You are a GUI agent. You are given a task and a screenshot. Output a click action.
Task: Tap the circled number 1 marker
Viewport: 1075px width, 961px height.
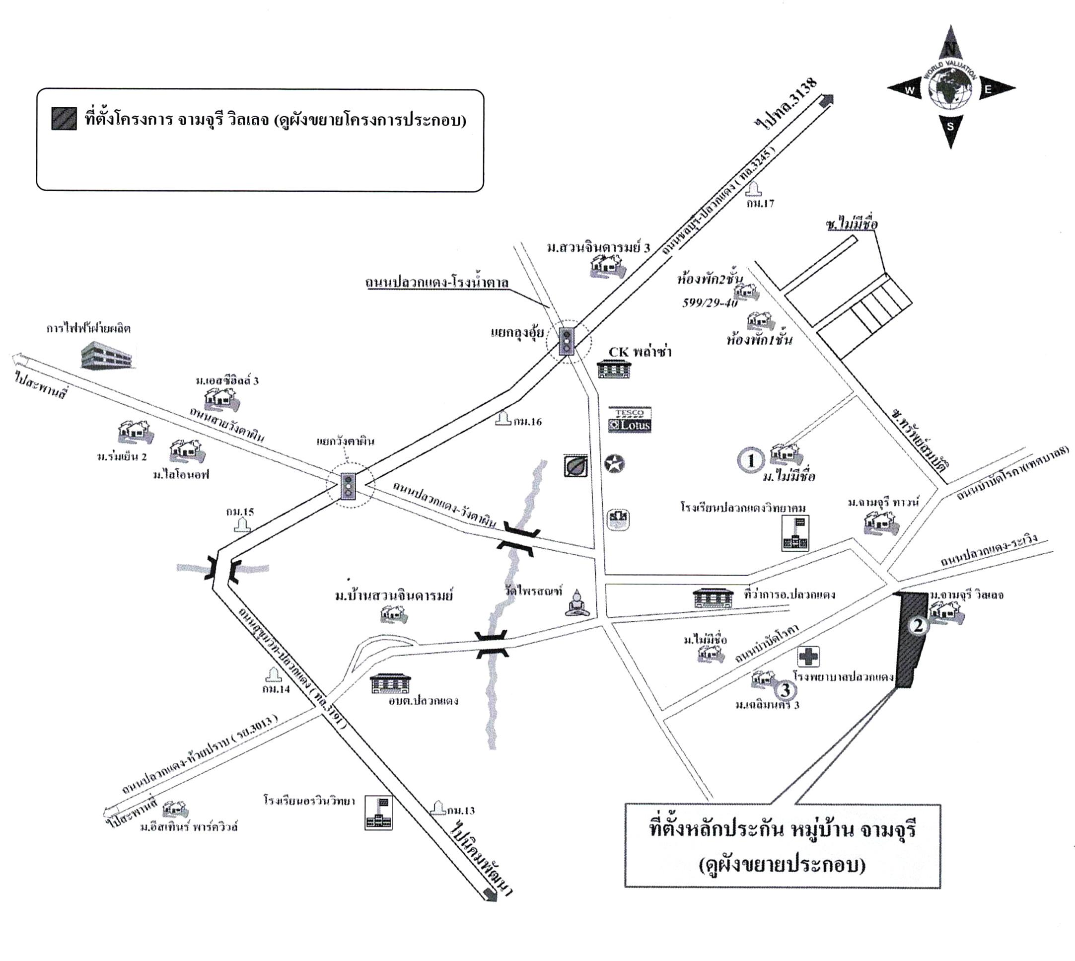click(x=750, y=460)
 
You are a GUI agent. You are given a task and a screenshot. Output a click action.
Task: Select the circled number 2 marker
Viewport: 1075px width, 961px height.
click(x=918, y=626)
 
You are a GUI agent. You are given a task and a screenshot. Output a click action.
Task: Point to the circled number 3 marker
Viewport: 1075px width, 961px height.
click(x=785, y=690)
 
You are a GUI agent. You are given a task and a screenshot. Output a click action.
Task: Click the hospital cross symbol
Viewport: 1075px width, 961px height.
click(x=808, y=658)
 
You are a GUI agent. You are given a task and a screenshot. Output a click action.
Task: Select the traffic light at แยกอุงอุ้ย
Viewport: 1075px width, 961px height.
click(x=567, y=341)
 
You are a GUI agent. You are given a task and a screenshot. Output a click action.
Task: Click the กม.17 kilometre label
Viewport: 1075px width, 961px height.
click(x=760, y=203)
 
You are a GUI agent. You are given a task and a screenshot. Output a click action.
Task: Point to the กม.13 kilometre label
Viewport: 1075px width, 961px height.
click(x=461, y=811)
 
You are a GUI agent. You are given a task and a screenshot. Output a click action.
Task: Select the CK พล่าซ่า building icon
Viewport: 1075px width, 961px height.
click(x=614, y=369)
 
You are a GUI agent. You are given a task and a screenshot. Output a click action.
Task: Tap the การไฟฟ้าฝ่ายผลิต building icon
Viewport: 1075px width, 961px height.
click(x=106, y=354)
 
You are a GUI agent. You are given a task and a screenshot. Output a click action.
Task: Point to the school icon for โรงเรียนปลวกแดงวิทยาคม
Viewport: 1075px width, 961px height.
click(x=795, y=533)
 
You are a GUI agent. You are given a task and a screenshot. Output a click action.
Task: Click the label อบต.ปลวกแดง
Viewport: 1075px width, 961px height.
click(x=423, y=701)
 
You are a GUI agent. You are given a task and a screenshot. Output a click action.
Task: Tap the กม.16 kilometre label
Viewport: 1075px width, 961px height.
click(x=527, y=421)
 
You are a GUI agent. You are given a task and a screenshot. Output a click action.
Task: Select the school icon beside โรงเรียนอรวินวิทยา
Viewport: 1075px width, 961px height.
click(x=378, y=813)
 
